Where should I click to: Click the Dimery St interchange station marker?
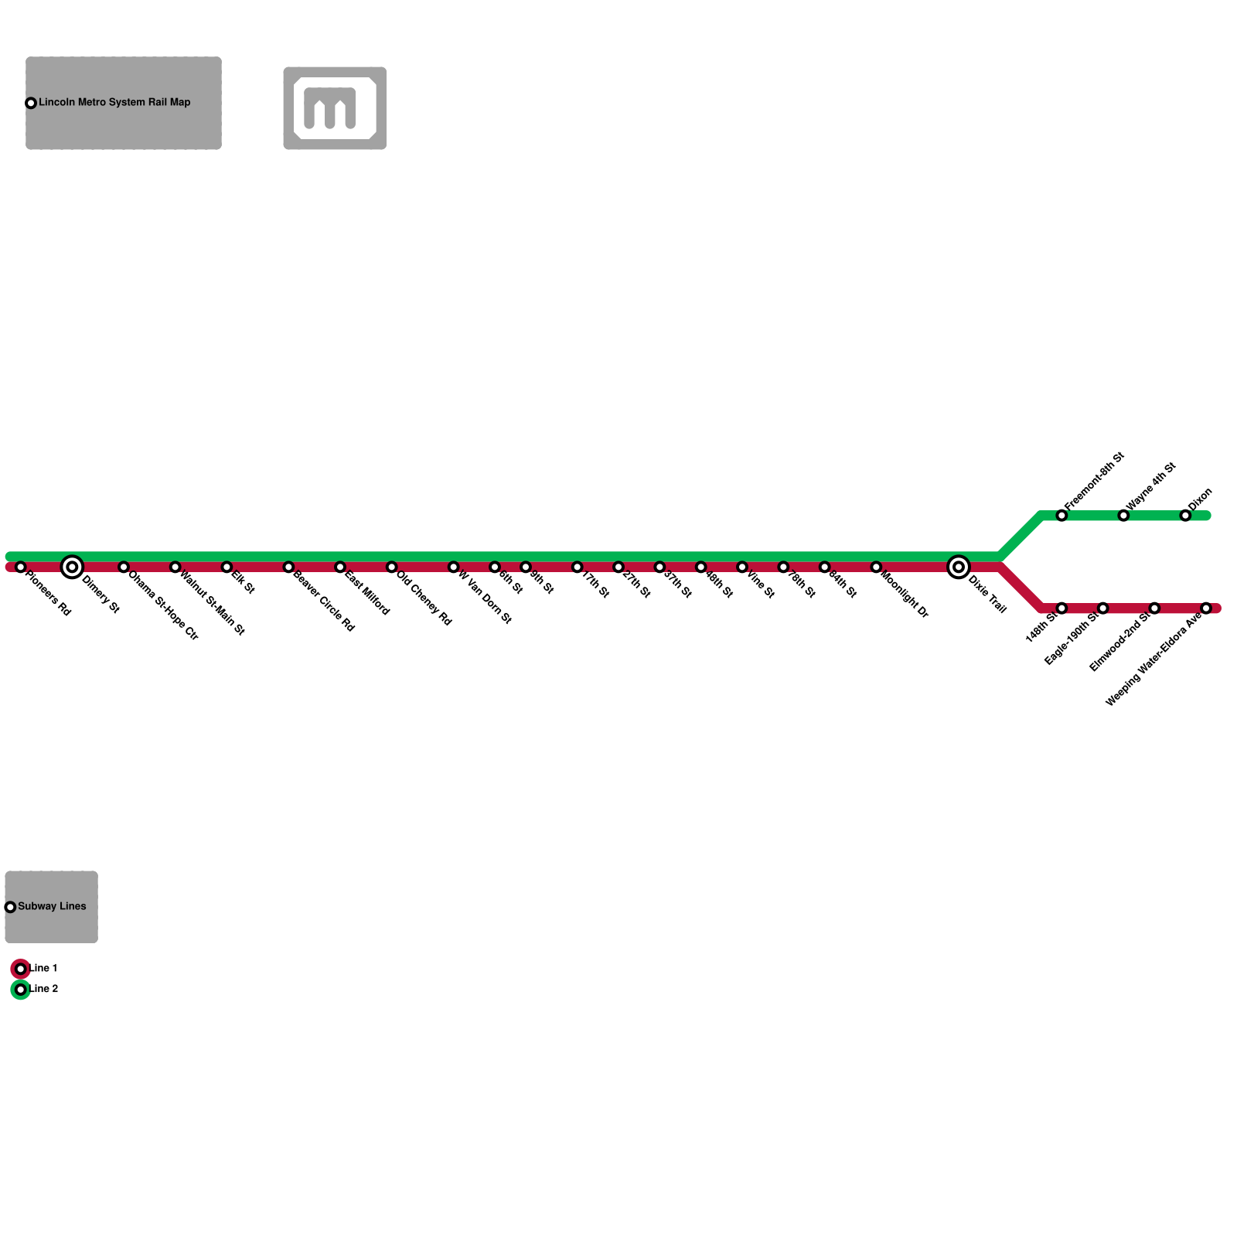(72, 567)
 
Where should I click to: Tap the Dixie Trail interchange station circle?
(958, 567)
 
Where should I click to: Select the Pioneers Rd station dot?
(21, 567)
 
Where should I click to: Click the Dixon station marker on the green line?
(1185, 516)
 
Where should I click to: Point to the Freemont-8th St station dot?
(1062, 516)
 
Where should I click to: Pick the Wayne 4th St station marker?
(1123, 516)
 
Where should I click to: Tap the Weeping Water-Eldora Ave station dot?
(1205, 608)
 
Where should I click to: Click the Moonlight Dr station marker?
(876, 567)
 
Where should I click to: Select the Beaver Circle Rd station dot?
(288, 567)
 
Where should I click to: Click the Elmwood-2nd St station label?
(1119, 643)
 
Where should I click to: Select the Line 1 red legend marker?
(21, 969)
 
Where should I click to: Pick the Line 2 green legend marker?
(21, 990)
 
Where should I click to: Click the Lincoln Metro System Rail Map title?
(114, 102)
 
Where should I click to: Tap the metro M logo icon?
(335, 108)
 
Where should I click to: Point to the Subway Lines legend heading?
(52, 906)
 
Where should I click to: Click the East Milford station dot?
(339, 567)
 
